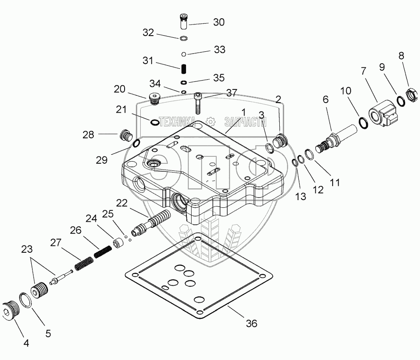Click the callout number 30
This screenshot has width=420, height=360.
click(219, 22)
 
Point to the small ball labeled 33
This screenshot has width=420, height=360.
click(183, 54)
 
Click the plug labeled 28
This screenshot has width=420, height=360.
click(125, 136)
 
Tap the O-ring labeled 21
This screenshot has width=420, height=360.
click(155, 123)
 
